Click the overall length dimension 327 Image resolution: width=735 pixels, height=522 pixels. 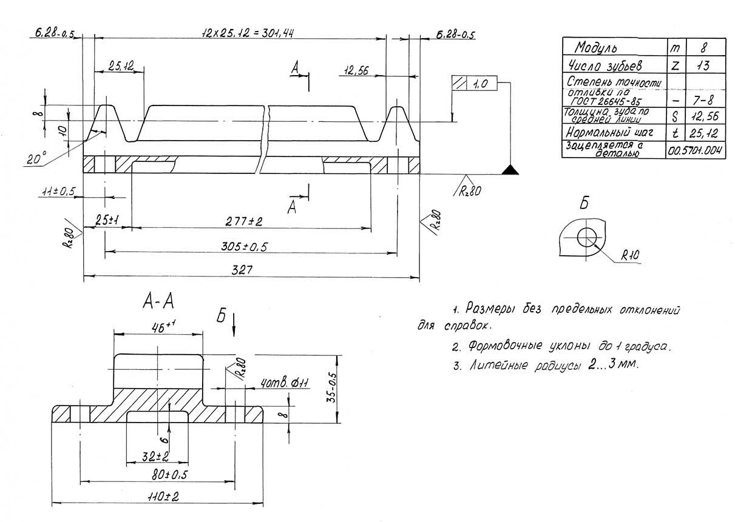242,270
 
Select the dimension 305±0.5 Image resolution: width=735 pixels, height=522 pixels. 244,246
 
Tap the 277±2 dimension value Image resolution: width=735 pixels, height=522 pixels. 243,221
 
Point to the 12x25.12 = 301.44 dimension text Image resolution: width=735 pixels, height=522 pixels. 248,33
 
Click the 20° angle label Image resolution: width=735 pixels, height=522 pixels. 36,158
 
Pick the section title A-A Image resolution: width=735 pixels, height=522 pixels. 158,301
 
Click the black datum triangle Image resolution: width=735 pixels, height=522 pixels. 510,170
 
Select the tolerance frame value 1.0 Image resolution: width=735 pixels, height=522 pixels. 481,84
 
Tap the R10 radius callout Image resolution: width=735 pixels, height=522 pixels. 630,255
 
